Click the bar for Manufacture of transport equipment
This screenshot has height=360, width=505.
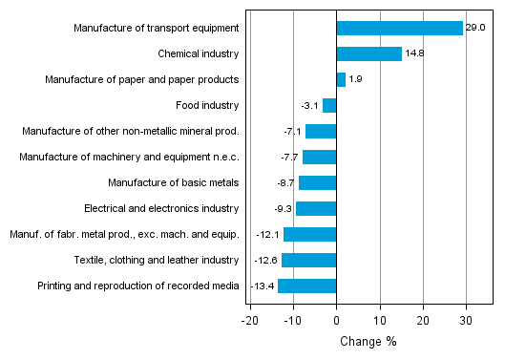click(x=399, y=29)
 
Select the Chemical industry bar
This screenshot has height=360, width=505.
click(x=368, y=54)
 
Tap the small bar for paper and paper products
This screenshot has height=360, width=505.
click(x=341, y=80)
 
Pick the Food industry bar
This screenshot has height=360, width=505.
click(x=329, y=106)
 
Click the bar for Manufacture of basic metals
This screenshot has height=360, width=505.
click(x=318, y=182)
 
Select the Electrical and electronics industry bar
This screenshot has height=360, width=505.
click(x=316, y=208)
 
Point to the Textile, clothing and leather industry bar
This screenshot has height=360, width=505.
click(x=309, y=260)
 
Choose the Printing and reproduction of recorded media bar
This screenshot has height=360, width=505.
click(x=307, y=286)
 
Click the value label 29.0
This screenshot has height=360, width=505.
click(x=476, y=29)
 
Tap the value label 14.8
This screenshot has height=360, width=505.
click(x=414, y=54)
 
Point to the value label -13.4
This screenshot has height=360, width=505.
click(x=263, y=286)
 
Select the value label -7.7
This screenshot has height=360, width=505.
click(x=288, y=157)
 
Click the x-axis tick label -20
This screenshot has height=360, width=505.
click(x=250, y=322)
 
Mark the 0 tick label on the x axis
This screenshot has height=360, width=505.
click(x=337, y=322)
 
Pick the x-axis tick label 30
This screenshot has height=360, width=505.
click(x=466, y=322)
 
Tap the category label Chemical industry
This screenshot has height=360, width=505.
click(x=199, y=54)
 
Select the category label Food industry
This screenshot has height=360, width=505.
click(x=207, y=106)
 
